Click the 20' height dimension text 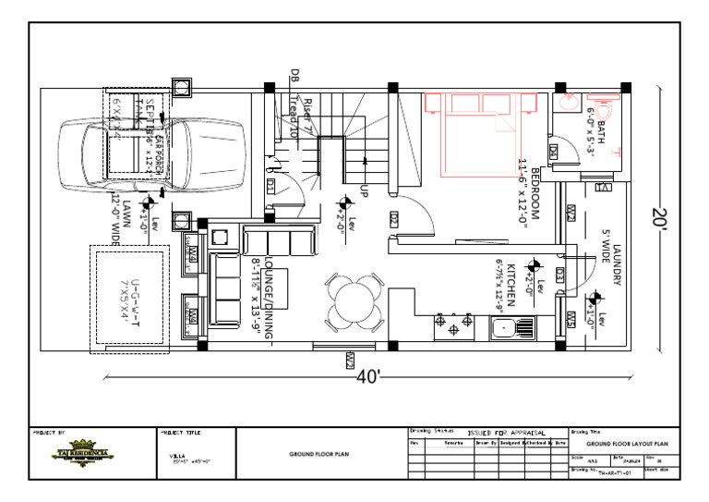tap(658, 218)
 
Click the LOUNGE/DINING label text tap(270, 299)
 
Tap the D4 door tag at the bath tap(554, 151)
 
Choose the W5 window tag tap(571, 320)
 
